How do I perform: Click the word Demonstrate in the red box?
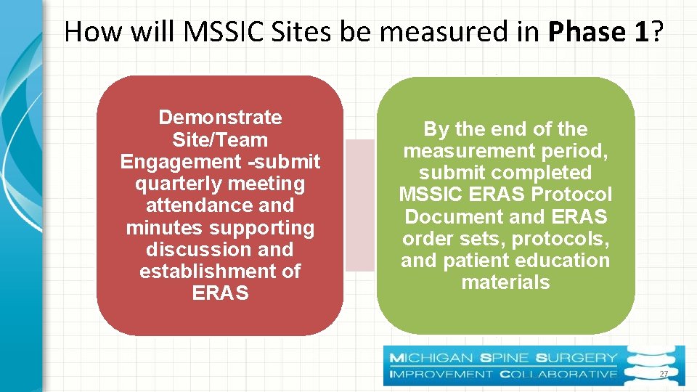(220, 118)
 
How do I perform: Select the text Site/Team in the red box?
(220, 139)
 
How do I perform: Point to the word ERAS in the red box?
(220, 293)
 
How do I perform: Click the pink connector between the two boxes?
(359, 205)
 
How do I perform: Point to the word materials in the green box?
(505, 282)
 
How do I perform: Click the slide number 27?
(663, 373)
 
